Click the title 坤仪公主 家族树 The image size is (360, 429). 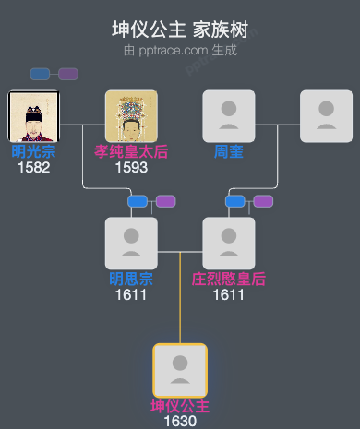(180, 30)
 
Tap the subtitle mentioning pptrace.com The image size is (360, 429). (180, 50)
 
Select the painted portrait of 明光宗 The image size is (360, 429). (33, 116)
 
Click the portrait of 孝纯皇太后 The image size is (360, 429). (131, 116)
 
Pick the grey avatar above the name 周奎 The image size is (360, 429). (229, 116)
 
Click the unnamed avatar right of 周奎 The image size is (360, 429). (326, 116)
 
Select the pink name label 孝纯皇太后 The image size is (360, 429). (131, 151)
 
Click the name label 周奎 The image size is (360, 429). (229, 151)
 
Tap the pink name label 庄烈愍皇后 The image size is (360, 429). (229, 279)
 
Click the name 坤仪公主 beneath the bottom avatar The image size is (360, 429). (180, 406)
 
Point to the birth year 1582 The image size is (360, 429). (33, 167)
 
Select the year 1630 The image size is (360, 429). (180, 421)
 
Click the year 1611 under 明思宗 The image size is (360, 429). (131, 294)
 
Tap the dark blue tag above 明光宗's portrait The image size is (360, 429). (40, 74)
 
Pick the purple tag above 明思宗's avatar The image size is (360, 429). (165, 201)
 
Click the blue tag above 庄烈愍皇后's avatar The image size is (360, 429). (235, 201)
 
